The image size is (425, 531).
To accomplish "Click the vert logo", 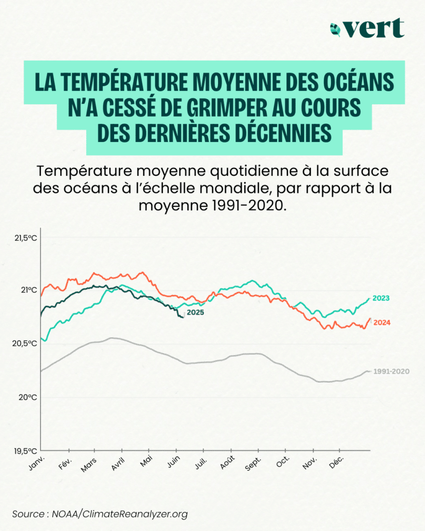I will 367,28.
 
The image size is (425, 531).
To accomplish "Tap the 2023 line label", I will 381,298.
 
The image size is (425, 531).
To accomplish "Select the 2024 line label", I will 382,323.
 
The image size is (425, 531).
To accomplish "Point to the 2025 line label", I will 195,312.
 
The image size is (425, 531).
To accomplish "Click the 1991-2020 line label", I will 392,371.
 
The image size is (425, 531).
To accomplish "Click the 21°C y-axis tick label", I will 29,289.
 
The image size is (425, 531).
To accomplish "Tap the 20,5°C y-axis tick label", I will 25,343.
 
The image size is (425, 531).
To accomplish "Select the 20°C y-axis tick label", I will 29,397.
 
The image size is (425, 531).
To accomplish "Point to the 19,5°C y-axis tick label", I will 25,451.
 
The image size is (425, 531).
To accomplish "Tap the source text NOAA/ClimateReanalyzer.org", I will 120,514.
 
